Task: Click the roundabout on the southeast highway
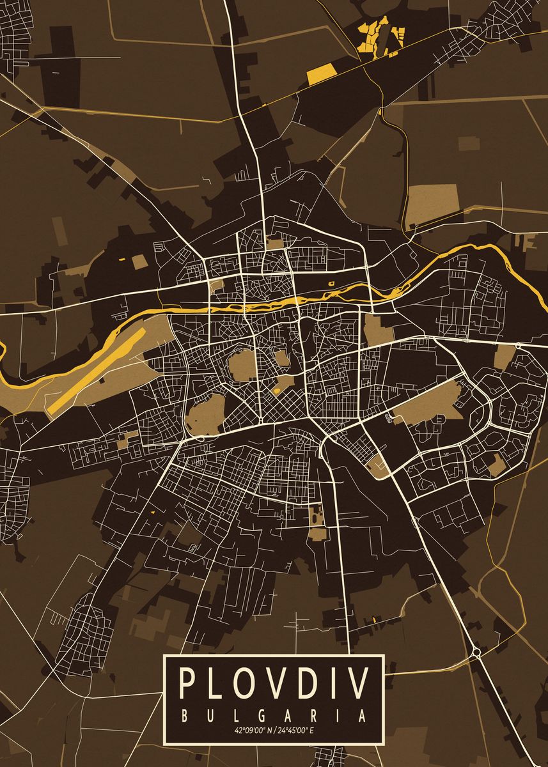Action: click(476, 653)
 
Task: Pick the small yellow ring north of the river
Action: click(331, 283)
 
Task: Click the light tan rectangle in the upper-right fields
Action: click(433, 199)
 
